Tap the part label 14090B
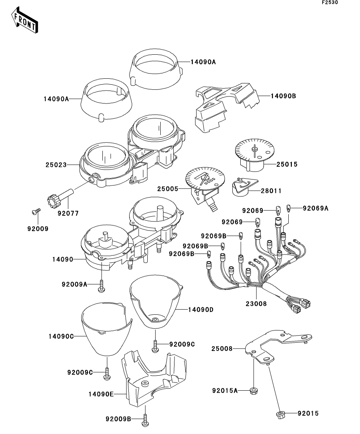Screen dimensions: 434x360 pyautogui.click(x=283, y=96)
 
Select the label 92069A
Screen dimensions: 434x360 pyautogui.click(x=315, y=209)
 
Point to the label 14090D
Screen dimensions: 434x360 pyautogui.click(x=200, y=310)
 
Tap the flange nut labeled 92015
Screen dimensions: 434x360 pyautogui.click(x=280, y=414)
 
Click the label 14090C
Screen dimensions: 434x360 pyautogui.click(x=61, y=336)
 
